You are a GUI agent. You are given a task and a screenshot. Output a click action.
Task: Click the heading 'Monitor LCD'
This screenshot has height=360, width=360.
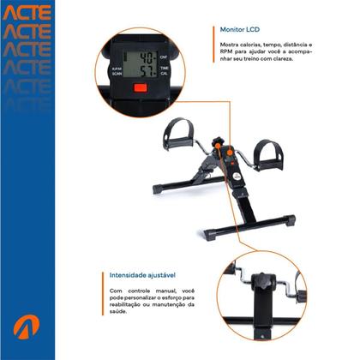tap(240, 29)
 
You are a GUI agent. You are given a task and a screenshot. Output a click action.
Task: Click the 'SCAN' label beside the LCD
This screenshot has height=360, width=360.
tap(117, 75)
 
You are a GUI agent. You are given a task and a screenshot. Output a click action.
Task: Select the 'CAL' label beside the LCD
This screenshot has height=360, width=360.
tap(164, 74)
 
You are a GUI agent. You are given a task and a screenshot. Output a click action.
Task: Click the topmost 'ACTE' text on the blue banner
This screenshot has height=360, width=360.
tap(27, 13)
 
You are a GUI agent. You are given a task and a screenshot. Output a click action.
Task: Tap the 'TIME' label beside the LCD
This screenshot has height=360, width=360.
tap(164, 66)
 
